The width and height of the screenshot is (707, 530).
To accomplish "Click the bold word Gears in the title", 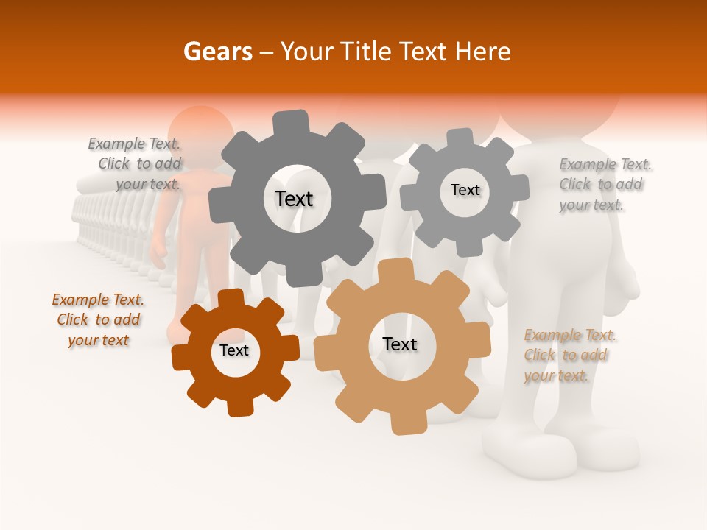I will click(x=217, y=52).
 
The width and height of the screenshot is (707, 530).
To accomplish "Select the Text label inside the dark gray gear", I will click(x=294, y=199).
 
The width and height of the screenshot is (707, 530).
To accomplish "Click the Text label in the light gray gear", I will click(x=465, y=190).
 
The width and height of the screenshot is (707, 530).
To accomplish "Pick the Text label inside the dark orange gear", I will click(x=233, y=350).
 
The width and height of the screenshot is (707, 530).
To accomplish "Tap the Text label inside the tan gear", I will click(x=400, y=344).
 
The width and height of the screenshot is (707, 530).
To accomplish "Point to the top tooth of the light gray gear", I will click(x=460, y=138).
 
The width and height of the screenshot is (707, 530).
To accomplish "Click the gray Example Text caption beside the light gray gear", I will click(x=604, y=185).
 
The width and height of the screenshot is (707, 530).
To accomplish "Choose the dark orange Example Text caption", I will click(x=98, y=320).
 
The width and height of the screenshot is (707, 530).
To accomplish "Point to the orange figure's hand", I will click(x=158, y=254).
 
